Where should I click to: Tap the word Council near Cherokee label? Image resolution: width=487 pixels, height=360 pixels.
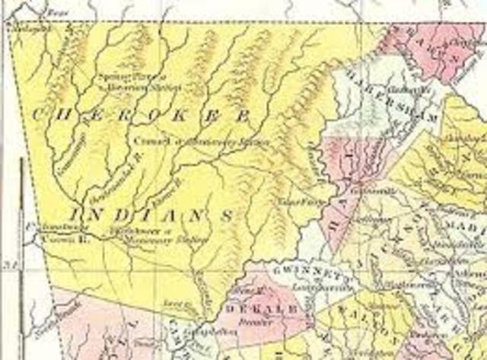pos(144,140)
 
